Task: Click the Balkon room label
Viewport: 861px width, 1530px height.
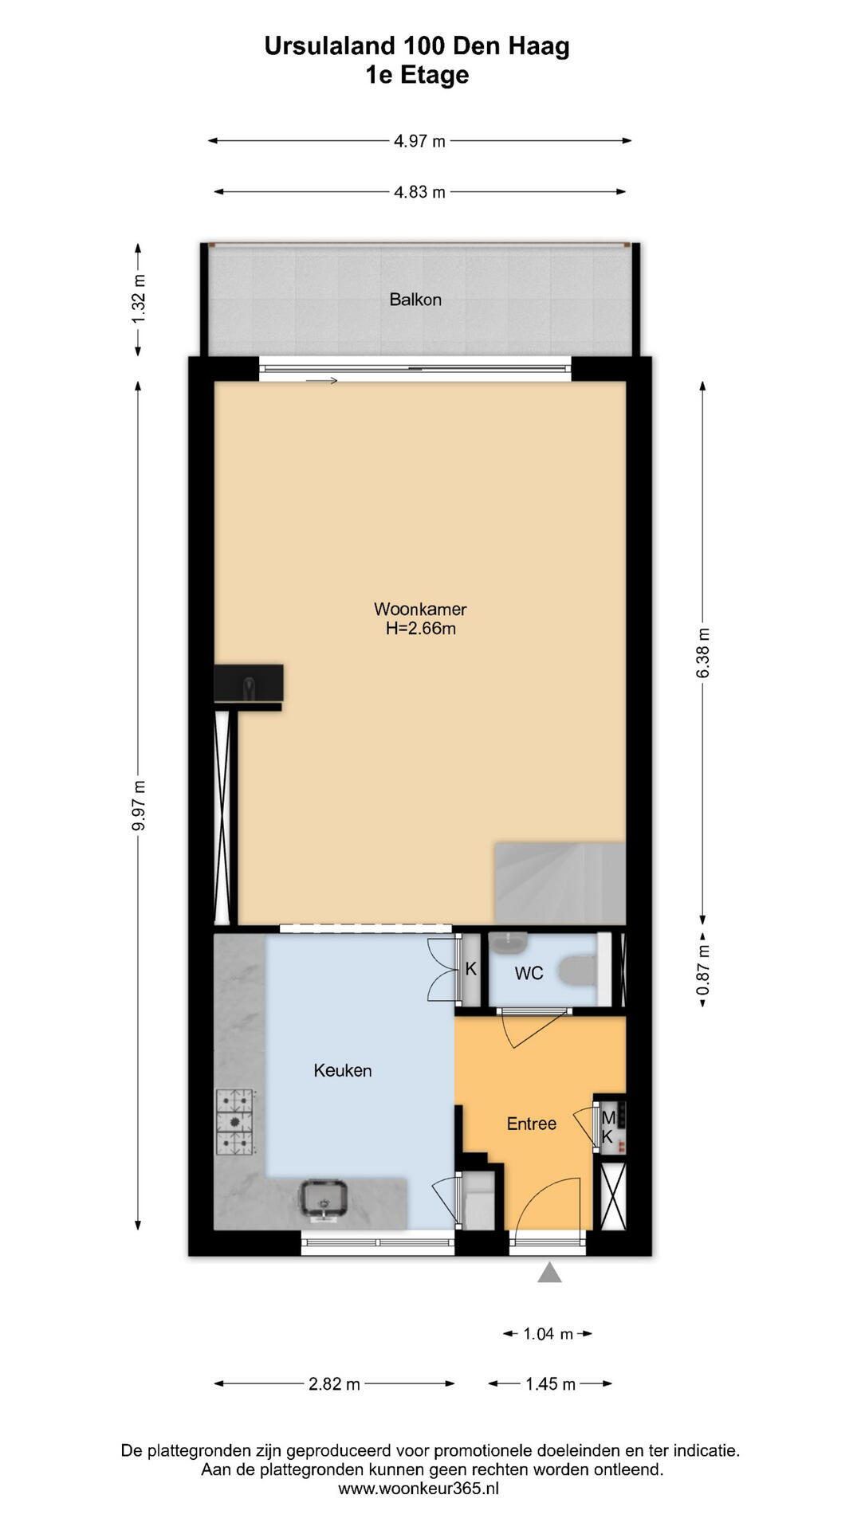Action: click(415, 300)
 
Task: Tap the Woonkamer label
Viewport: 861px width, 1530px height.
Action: click(420, 610)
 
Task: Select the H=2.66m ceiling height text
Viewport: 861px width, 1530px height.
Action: click(421, 629)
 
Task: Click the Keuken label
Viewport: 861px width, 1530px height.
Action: click(343, 1071)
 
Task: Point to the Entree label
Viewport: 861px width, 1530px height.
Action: click(532, 1124)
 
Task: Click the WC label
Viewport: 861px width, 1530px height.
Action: click(529, 973)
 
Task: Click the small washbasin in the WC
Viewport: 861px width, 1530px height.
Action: click(507, 943)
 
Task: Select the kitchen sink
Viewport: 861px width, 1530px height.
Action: click(323, 1201)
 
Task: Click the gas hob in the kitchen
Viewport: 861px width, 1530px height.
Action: click(235, 1122)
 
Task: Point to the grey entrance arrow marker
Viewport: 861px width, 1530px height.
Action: click(549, 1272)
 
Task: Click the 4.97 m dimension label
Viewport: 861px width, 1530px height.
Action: click(419, 141)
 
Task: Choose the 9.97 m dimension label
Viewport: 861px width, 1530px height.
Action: click(139, 806)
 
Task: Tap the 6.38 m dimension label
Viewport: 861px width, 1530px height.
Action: click(703, 653)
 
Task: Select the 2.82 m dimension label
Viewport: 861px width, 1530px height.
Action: click(334, 1384)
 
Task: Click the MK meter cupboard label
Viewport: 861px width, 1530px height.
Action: click(608, 1128)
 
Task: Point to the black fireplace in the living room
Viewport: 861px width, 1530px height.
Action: click(249, 684)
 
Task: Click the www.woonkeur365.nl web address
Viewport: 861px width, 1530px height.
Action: click(419, 1488)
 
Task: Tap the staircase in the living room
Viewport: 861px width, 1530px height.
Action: click(560, 883)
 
